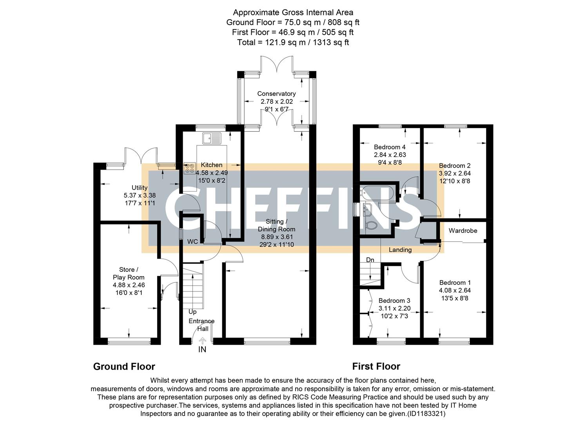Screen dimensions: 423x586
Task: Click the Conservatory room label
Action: coord(276,94)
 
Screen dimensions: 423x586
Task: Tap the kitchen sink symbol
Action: coord(212,138)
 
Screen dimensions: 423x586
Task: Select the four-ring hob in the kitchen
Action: coord(189,168)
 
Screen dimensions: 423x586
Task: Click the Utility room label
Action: coord(140,188)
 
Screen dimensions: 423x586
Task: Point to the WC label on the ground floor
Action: coord(192,242)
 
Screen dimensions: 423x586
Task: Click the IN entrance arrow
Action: coord(202,344)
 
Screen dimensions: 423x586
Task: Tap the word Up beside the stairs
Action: coord(192,312)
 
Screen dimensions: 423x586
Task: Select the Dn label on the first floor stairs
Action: coord(370,260)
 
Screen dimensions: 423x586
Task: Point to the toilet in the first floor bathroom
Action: coord(370,226)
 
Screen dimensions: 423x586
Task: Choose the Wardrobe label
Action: coord(463,231)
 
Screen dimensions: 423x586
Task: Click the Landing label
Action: coord(400,249)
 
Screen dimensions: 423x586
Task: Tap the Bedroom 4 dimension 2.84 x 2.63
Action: coord(390,155)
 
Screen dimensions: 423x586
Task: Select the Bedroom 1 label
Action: coord(455,282)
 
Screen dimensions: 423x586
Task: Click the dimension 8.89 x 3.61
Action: coord(277,237)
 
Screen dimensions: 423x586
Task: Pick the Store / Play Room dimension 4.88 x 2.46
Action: coord(129,285)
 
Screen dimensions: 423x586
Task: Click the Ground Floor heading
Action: coord(124,367)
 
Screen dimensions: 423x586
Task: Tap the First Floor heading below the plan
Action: coord(376,367)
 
